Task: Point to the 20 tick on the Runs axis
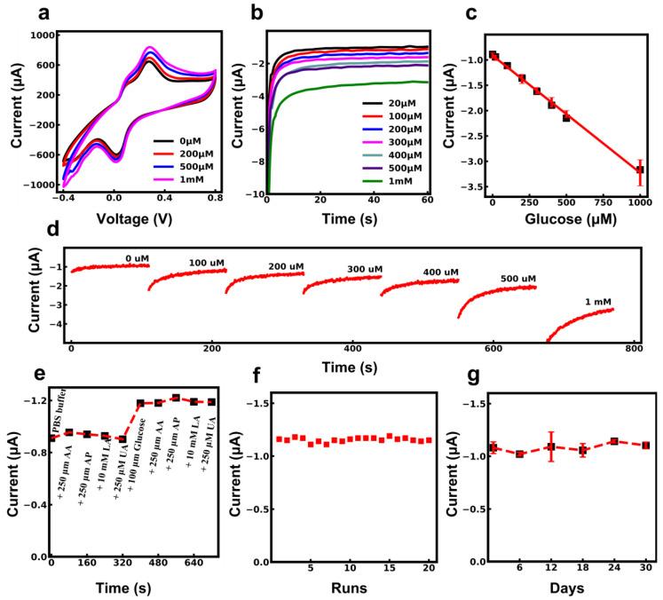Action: (429, 568)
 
